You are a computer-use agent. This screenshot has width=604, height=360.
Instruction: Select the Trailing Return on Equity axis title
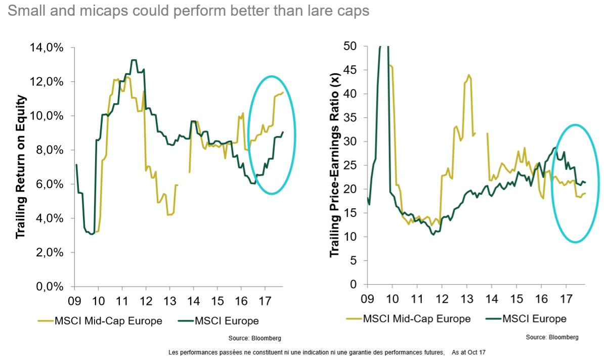[x=21, y=166]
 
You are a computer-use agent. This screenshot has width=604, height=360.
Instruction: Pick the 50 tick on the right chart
[x=350, y=46]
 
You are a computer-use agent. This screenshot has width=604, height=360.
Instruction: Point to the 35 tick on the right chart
[x=350, y=118]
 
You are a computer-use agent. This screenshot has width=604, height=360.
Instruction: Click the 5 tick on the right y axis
[x=352, y=261]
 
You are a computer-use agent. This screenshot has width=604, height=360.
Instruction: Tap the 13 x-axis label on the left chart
[x=169, y=299]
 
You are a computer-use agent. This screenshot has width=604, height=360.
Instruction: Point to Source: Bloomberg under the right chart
[x=552, y=337]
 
